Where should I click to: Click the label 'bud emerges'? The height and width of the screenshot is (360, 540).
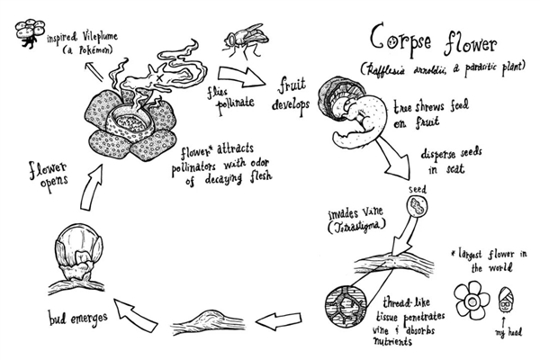[79, 316]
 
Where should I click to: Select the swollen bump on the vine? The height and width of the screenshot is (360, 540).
[209, 316]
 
